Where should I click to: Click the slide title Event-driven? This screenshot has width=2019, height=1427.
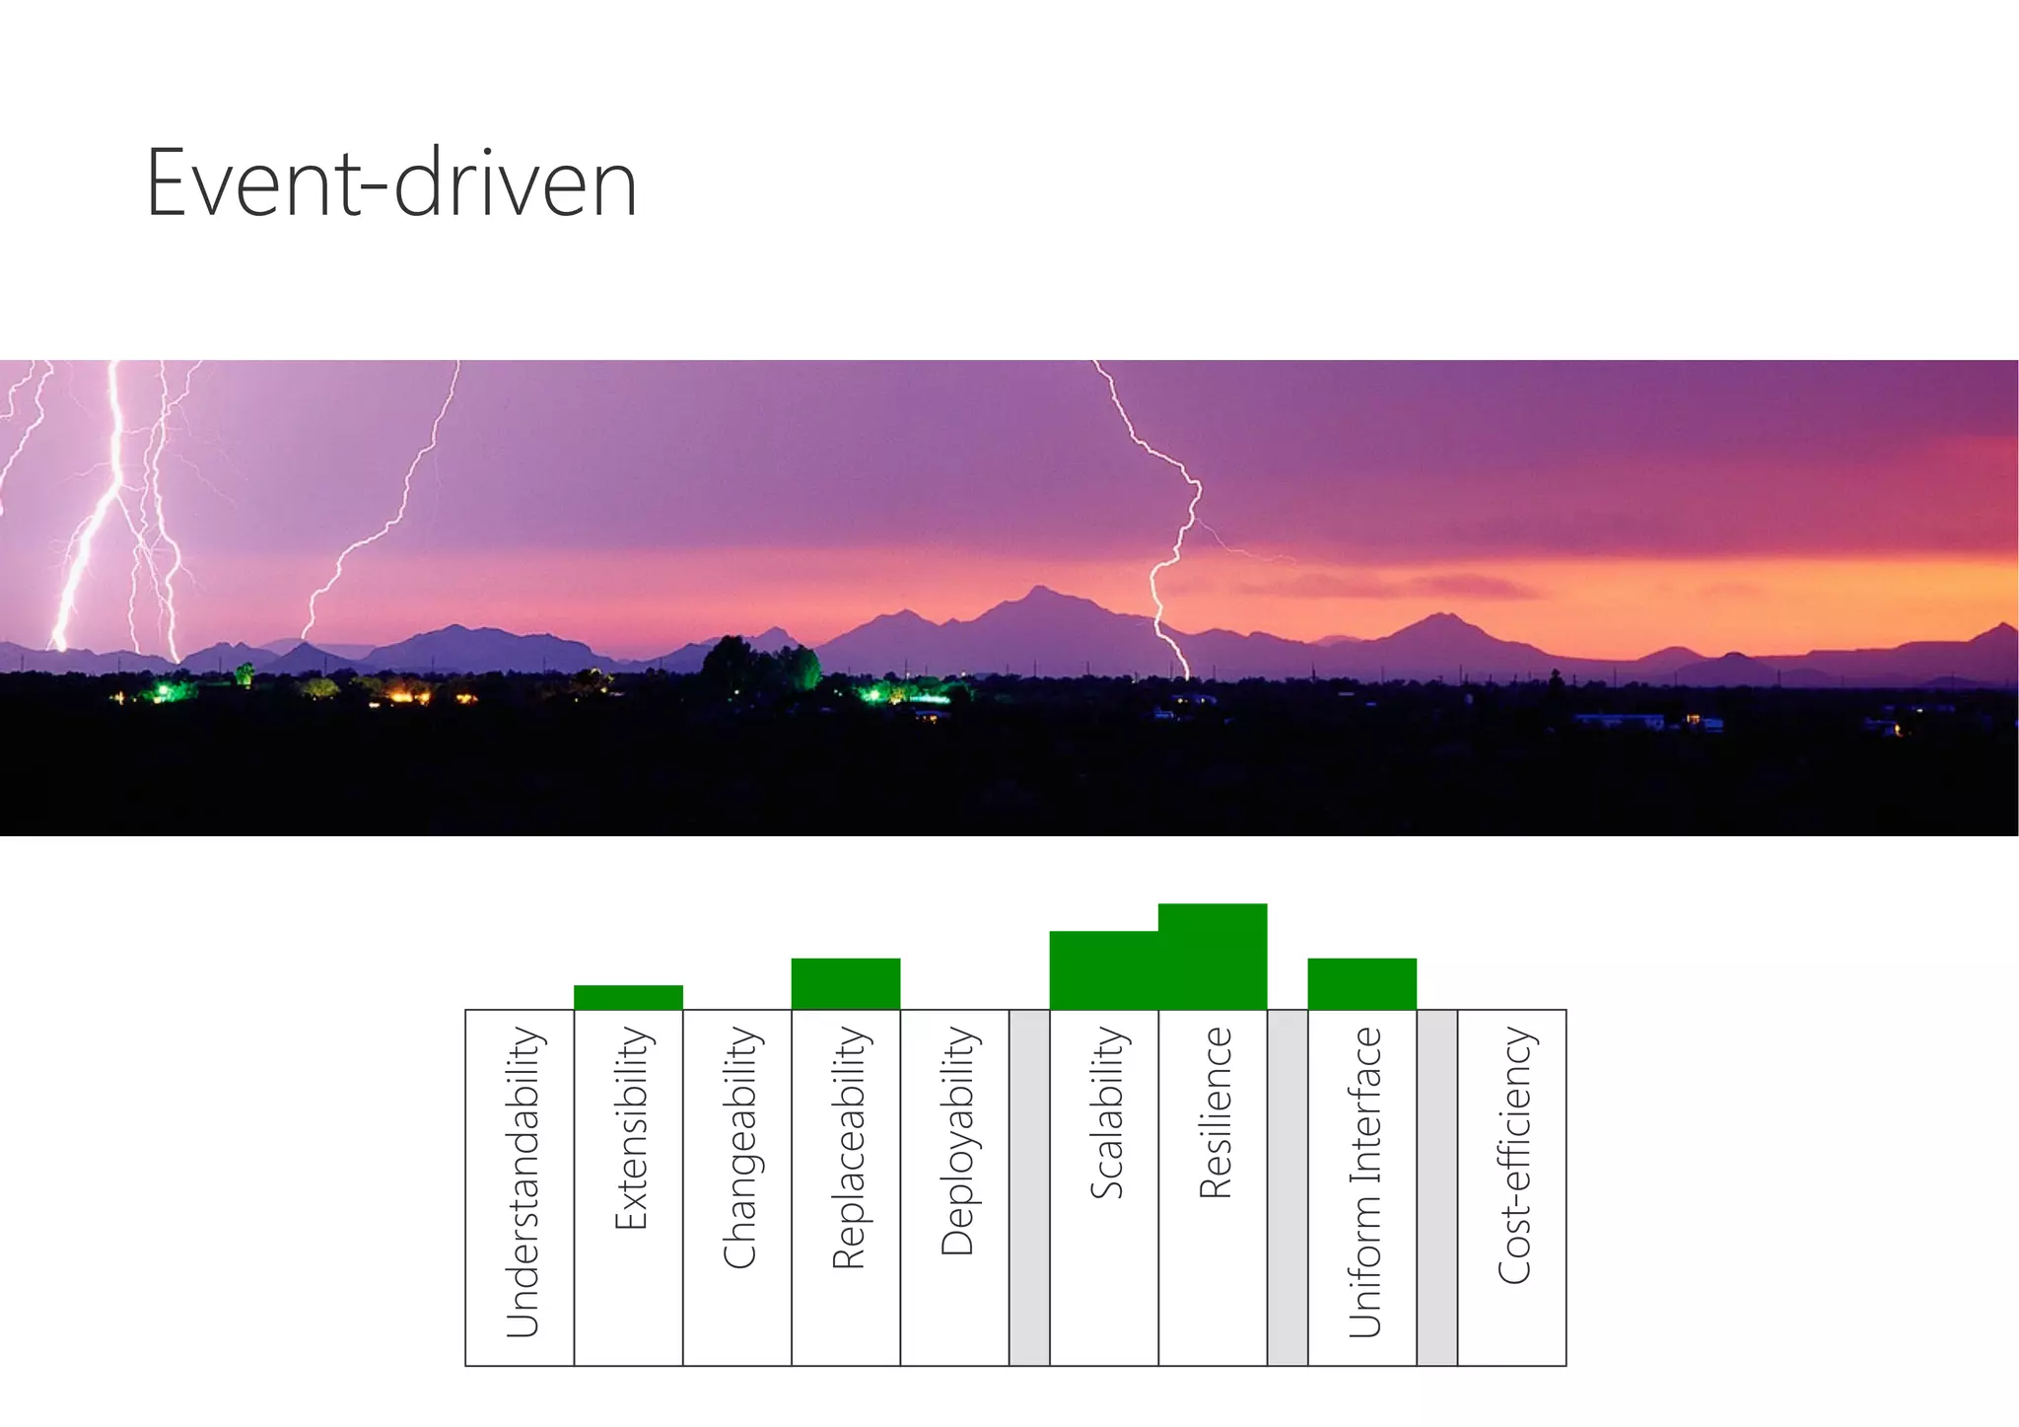point(391,183)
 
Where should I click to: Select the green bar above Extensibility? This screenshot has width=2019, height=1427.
point(628,997)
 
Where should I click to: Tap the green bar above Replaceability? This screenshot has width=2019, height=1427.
point(846,983)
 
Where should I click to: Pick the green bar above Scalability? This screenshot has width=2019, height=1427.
point(1104,970)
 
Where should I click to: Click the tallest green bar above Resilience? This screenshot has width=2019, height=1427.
point(1213,957)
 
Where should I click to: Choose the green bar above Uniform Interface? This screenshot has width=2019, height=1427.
point(1361,983)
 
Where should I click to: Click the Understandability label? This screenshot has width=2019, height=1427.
point(522,1182)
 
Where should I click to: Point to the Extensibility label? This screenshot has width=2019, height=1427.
point(630,1128)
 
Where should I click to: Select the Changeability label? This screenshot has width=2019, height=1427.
point(738,1148)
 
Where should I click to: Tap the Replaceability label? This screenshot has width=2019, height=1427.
point(848,1148)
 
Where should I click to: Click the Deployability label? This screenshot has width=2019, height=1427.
point(956,1141)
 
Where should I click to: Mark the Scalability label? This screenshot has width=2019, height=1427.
point(1106,1112)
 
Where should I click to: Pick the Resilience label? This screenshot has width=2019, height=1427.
point(1215,1112)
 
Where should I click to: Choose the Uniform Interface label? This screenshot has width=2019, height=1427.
point(1364,1182)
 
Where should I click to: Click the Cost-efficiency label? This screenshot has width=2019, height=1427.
point(1513,1155)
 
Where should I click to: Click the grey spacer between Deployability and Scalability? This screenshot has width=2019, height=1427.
point(1029,1187)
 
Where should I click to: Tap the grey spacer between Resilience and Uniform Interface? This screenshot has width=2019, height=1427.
point(1288,1187)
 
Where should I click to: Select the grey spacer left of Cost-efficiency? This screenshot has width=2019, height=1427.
point(1436,1187)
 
